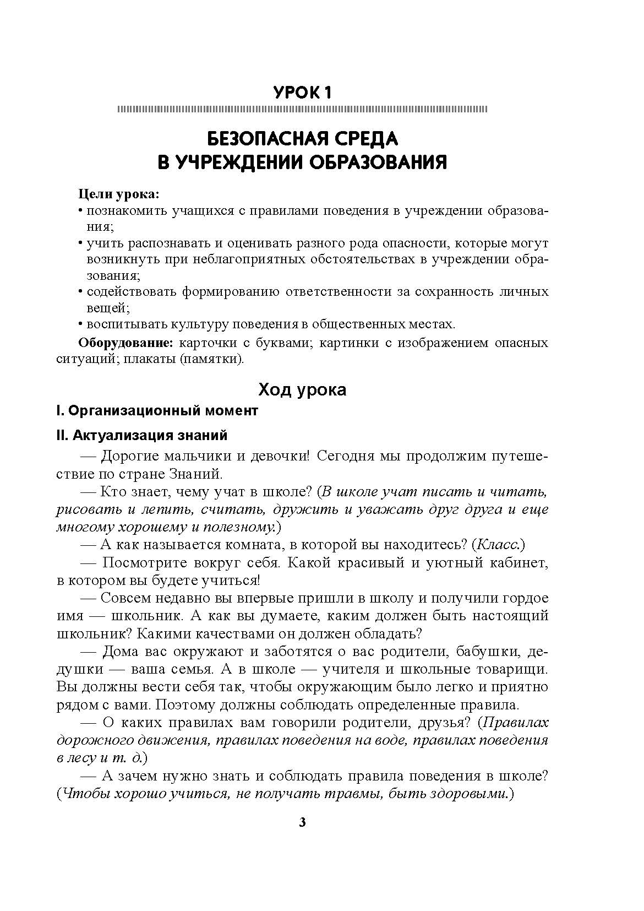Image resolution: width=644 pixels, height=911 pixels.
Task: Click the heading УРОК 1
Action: (x=302, y=92)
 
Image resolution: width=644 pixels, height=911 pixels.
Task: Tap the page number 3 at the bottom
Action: (x=302, y=823)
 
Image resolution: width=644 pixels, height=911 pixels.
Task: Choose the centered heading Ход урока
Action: (x=302, y=390)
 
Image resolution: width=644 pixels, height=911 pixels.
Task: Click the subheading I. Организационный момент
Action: (x=157, y=411)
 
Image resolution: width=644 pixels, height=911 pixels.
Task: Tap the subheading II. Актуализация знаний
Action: (x=141, y=436)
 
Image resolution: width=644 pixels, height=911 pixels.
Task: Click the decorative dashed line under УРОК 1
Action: (x=302, y=109)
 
